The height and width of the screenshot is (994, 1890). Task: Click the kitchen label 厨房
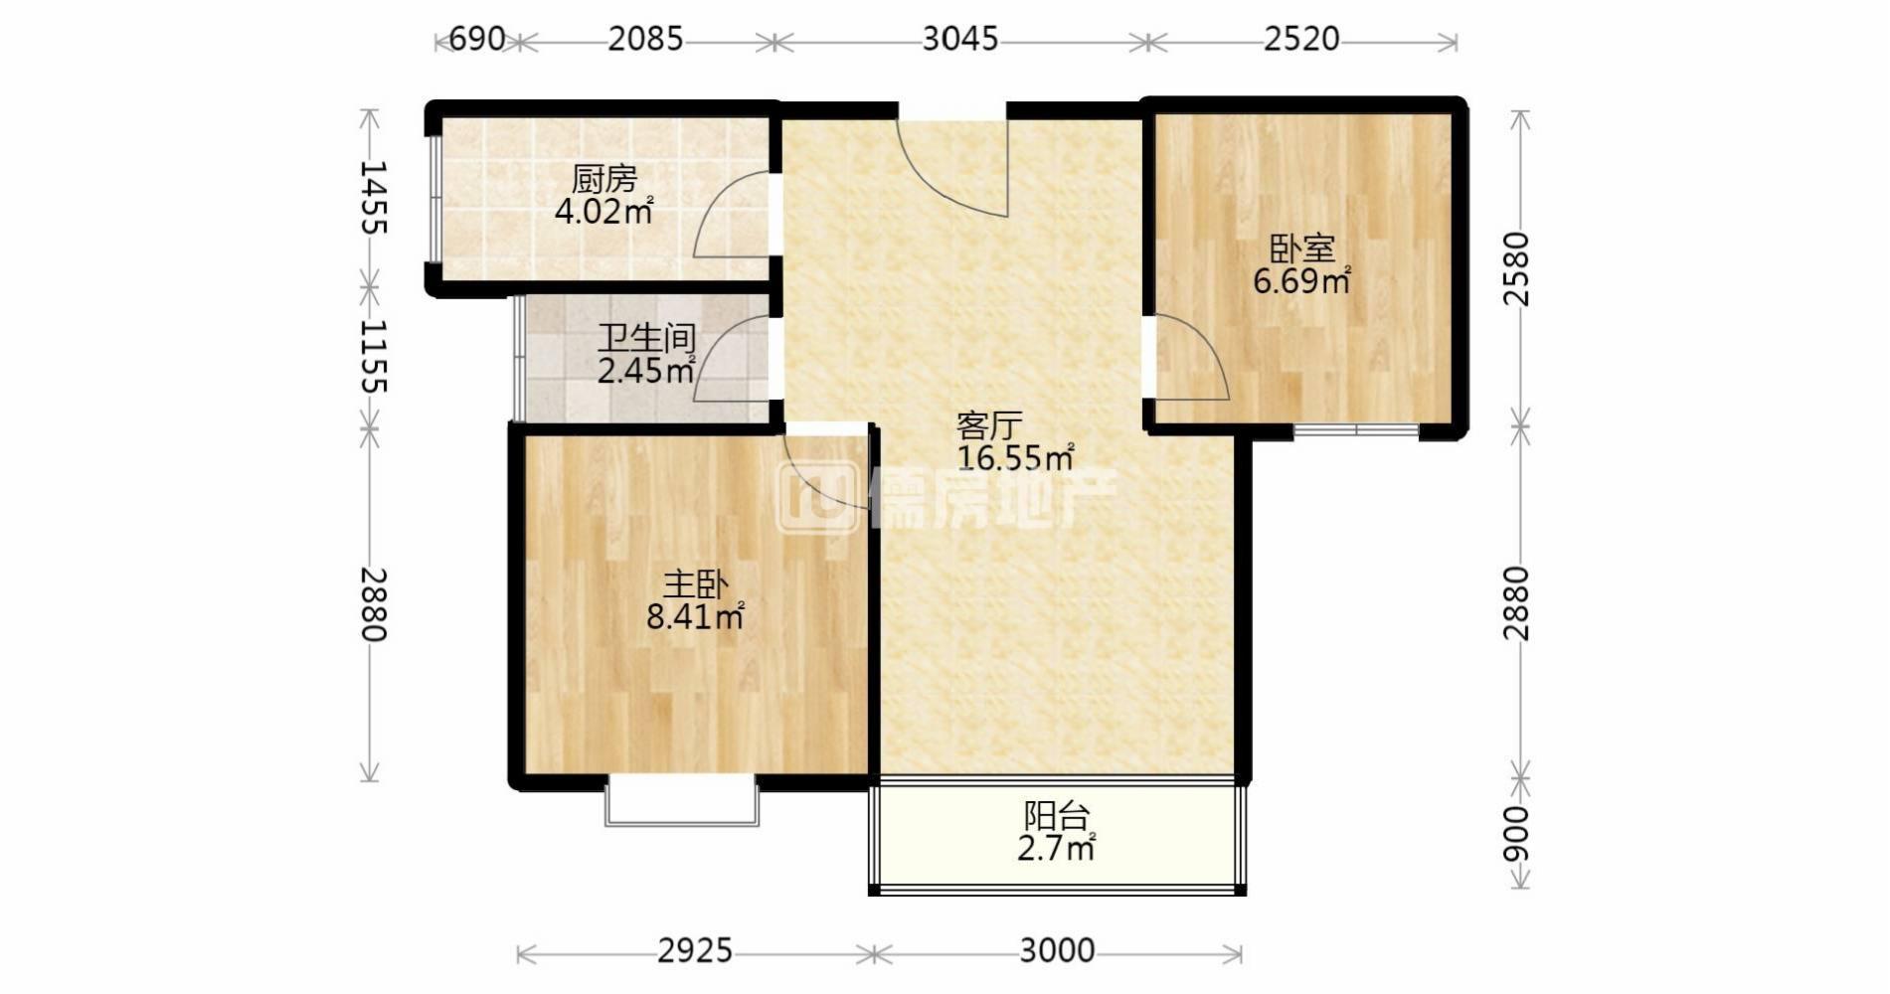(x=604, y=180)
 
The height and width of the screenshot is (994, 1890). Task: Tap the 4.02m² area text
(x=604, y=211)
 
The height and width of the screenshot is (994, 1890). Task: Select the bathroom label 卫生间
(x=646, y=339)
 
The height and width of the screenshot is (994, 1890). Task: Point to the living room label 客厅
(x=989, y=425)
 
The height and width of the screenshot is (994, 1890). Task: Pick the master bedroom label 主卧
(x=696, y=584)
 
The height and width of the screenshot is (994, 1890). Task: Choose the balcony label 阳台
(x=1057, y=817)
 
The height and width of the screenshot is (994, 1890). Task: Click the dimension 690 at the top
(x=477, y=39)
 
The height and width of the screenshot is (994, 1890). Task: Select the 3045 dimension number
(x=960, y=39)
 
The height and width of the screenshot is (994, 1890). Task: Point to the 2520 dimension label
(x=1302, y=39)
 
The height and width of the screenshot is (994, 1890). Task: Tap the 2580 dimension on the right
(x=1516, y=268)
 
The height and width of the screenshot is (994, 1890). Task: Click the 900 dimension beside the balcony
(x=1516, y=833)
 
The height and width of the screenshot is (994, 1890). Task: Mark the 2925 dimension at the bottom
(x=695, y=951)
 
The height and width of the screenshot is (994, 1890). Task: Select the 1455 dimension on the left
(x=372, y=198)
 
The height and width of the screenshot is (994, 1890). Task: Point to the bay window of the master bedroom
(x=682, y=803)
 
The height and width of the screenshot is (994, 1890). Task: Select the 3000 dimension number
(x=1057, y=951)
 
